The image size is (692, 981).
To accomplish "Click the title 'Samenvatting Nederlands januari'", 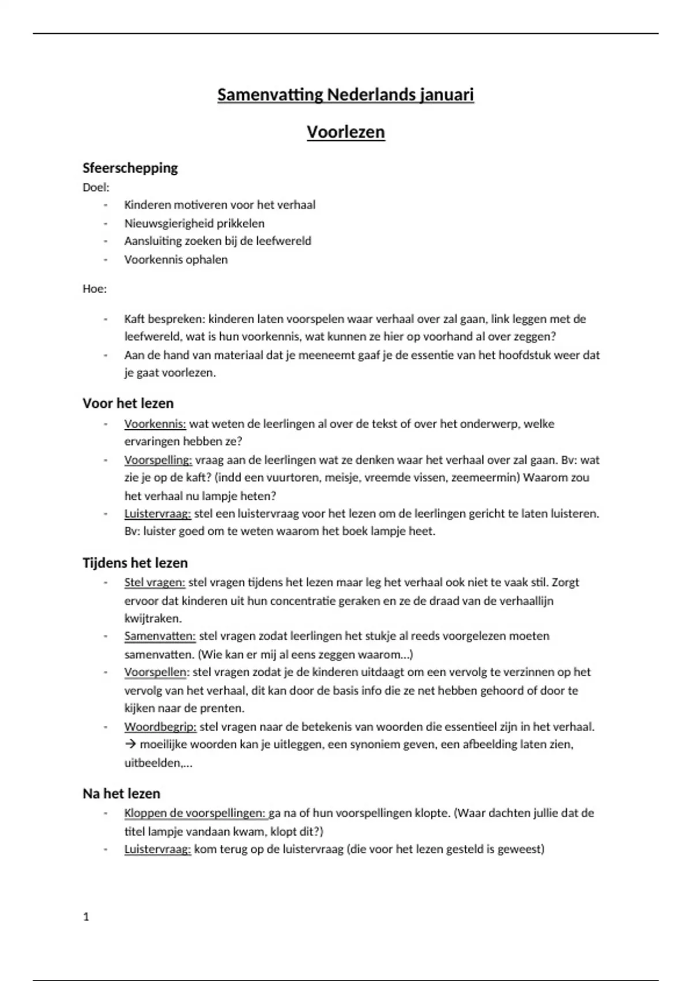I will tap(345, 95).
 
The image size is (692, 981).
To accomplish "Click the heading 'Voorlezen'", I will tap(345, 132).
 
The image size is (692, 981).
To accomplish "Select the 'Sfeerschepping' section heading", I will tap(130, 168).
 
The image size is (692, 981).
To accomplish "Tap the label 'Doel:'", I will tap(96, 187).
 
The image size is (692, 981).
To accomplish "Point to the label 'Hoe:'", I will tap(95, 289).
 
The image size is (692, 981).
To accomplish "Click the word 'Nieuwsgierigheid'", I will tap(169, 223).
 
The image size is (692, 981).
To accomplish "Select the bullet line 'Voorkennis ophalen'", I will tap(176, 259).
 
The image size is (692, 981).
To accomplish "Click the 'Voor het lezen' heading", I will tap(128, 403).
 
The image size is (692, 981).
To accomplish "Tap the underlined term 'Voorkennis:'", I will tap(155, 424).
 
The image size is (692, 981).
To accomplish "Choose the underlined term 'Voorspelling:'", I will tap(158, 460).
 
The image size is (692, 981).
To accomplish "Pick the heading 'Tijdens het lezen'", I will tap(135, 563).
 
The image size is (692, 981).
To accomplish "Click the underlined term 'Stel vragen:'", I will tap(155, 582).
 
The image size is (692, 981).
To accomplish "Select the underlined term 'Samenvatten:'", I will tap(160, 636).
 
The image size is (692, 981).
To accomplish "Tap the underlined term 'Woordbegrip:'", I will tap(160, 727).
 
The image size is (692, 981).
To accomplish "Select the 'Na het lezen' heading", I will tap(121, 793).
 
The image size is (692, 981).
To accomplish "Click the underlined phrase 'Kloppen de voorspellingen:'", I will tap(195, 813).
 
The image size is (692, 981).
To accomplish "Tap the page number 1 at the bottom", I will tap(86, 916).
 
